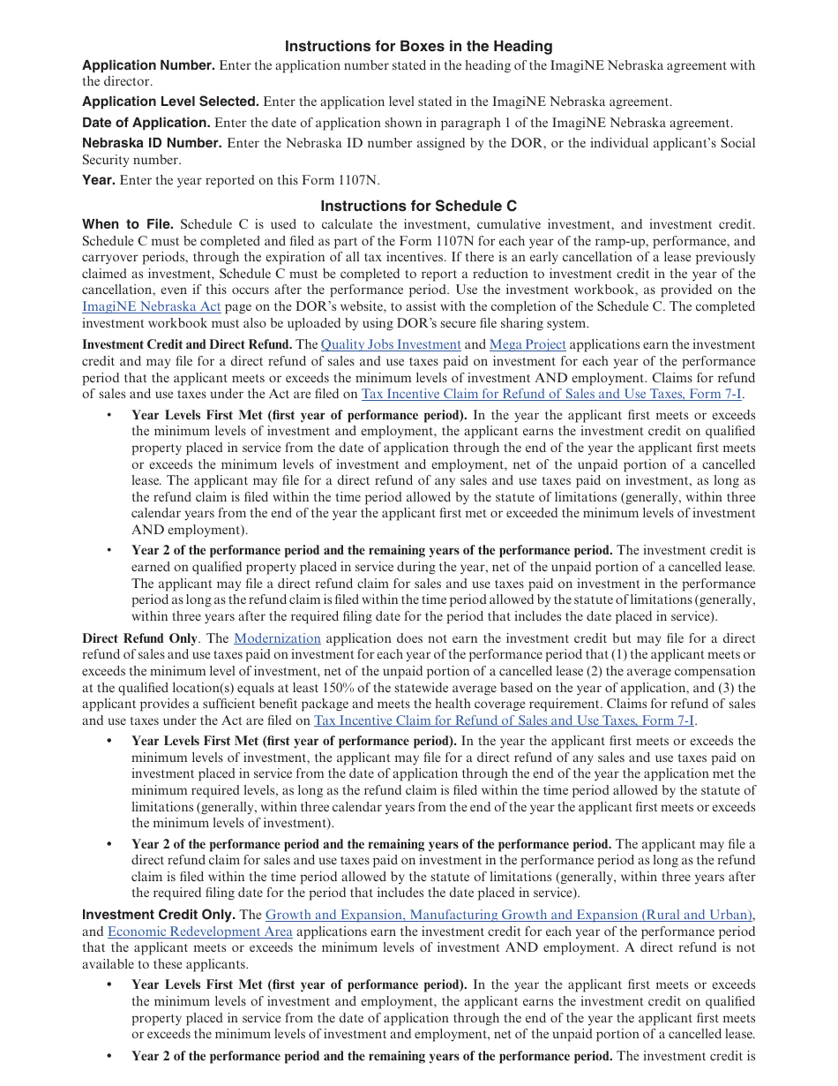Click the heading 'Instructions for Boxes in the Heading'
click(418, 46)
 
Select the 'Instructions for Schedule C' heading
click(418, 206)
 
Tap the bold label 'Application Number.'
click(148, 65)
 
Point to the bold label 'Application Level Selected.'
click(170, 102)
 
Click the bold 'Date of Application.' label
click(146, 123)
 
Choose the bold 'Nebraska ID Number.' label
click(152, 143)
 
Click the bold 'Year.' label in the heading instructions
click(99, 180)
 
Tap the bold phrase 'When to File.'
click(128, 224)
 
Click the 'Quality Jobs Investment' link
click(391, 344)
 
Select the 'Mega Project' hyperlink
click(527, 344)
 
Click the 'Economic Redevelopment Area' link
click(199, 931)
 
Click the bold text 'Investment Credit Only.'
click(159, 916)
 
